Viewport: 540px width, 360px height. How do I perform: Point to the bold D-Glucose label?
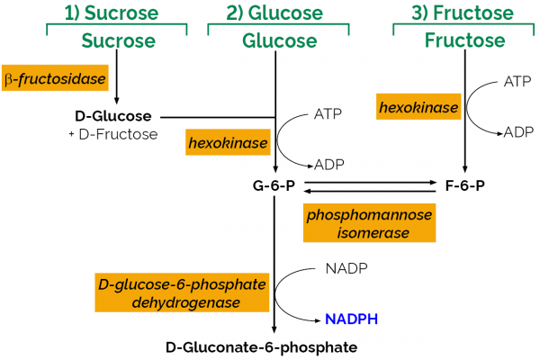(112, 116)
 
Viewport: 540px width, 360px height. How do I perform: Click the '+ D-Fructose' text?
(112, 134)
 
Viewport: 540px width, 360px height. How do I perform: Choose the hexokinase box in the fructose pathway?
(418, 108)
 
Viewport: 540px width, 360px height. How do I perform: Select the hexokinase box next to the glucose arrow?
(229, 142)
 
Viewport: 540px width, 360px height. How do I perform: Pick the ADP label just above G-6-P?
(328, 165)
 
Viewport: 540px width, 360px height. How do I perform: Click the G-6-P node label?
(274, 187)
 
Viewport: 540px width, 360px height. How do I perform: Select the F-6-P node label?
(464, 187)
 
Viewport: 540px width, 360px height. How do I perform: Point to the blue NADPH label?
(351, 319)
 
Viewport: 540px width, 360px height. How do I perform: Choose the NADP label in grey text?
(342, 268)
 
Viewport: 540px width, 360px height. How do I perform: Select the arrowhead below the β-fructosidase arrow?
(117, 100)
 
